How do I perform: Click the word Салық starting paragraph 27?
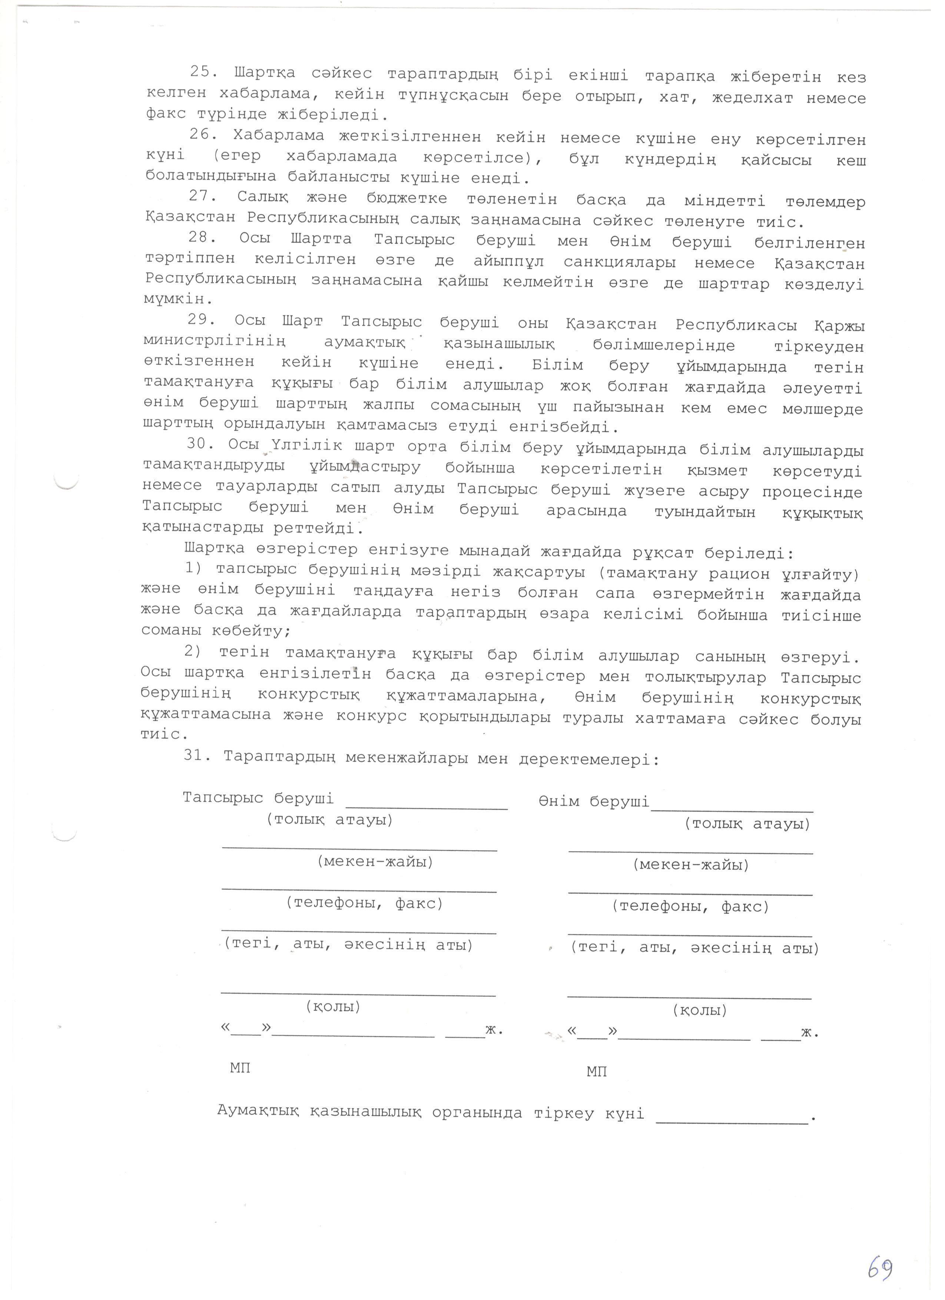click(x=263, y=198)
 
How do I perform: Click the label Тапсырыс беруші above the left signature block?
click(x=258, y=798)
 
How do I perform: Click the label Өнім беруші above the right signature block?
click(x=593, y=801)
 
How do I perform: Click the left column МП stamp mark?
click(x=240, y=1067)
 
